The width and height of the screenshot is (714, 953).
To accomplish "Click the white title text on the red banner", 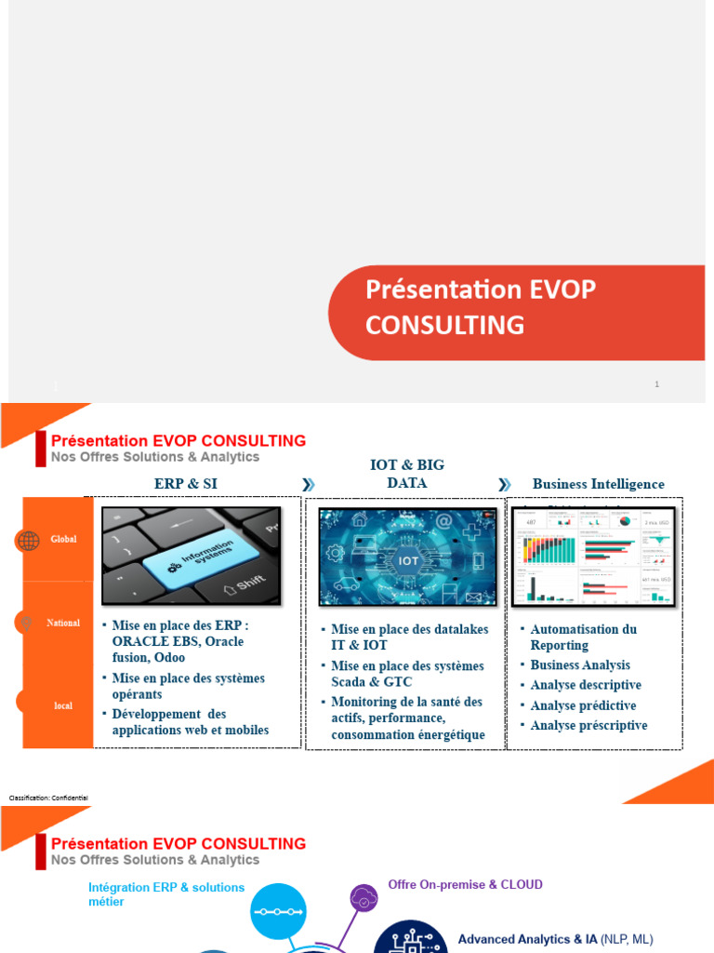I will [x=480, y=307].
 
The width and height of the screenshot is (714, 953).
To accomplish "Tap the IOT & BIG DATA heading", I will [x=407, y=474].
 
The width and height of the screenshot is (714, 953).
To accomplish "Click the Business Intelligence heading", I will [x=598, y=484].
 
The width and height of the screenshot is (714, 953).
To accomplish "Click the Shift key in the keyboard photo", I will [x=244, y=584].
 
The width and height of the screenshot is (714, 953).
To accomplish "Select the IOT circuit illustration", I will [x=408, y=557].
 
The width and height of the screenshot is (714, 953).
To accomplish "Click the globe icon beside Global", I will [x=28, y=541].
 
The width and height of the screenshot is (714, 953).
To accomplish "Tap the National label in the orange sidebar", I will [x=63, y=623].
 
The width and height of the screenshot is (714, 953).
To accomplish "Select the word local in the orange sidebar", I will [x=63, y=705].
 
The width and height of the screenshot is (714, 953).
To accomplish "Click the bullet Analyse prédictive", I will [x=583, y=705].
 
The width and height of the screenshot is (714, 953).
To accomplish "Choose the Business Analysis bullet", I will [x=580, y=664].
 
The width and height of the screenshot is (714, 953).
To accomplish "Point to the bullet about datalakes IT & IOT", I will [x=409, y=637].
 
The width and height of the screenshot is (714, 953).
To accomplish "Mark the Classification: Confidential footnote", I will [x=48, y=798].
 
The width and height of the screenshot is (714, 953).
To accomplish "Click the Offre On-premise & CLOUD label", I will [x=465, y=884].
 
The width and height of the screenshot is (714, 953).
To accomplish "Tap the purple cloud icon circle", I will [x=364, y=898].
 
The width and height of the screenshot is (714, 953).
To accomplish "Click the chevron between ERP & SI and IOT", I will [x=309, y=484].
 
